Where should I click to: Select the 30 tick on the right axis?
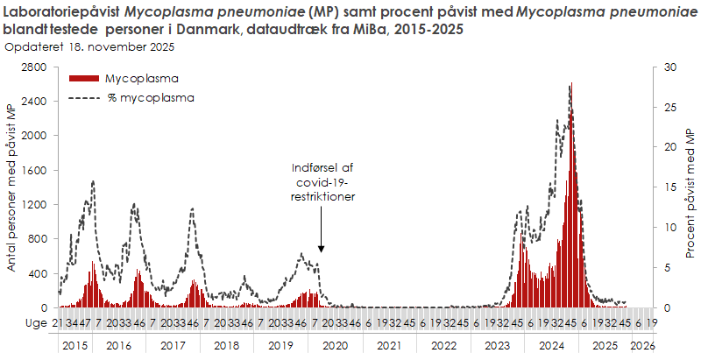(670, 67)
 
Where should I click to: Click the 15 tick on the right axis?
(670, 187)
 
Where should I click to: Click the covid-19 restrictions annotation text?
(322, 182)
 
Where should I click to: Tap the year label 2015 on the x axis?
(74, 346)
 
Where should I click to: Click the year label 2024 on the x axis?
(551, 346)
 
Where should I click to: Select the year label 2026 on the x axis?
(642, 346)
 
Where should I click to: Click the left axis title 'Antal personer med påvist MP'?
(12, 187)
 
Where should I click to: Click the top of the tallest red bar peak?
(571, 84)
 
